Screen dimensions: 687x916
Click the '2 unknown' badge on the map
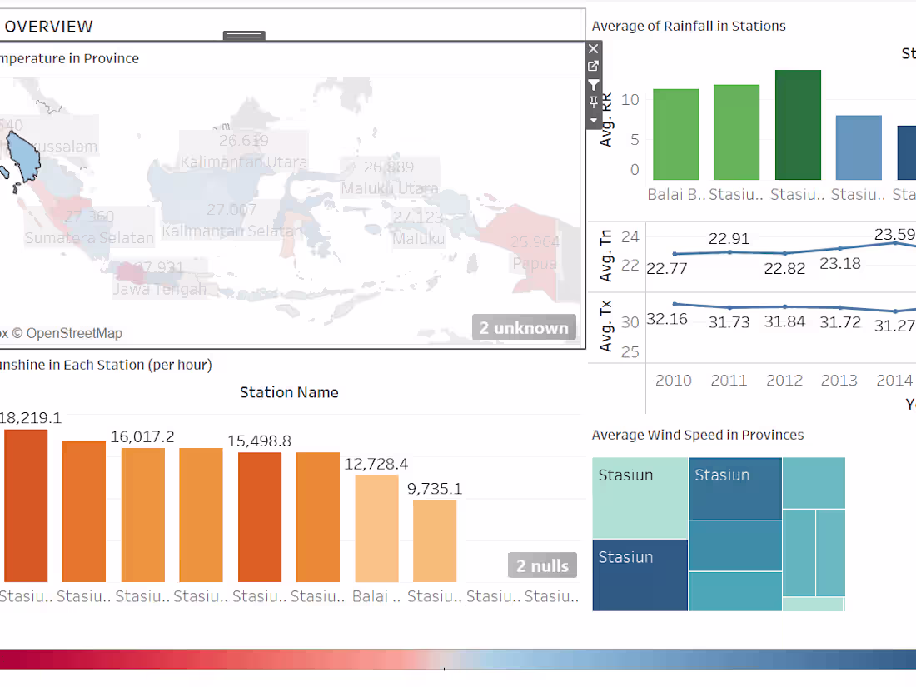(524, 328)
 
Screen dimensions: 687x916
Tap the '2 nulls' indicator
(542, 566)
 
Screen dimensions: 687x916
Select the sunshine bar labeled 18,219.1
(26, 505)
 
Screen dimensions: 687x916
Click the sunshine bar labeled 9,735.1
(435, 540)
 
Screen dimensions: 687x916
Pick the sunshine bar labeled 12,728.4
(376, 528)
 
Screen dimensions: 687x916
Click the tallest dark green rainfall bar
(797, 125)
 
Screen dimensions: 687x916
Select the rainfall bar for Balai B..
(675, 134)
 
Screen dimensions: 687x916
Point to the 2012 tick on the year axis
(784, 381)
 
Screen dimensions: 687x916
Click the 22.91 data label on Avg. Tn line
(729, 239)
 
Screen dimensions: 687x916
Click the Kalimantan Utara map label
(244, 162)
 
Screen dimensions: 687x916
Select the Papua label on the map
(535, 264)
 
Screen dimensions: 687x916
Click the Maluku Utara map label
(389, 188)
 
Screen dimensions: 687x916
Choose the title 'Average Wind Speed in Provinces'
(698, 435)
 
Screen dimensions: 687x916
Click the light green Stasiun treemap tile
(640, 497)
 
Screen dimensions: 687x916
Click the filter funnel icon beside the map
(593, 84)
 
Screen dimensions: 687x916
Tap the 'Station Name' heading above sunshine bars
(289, 392)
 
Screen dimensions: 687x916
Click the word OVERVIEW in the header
(49, 27)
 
